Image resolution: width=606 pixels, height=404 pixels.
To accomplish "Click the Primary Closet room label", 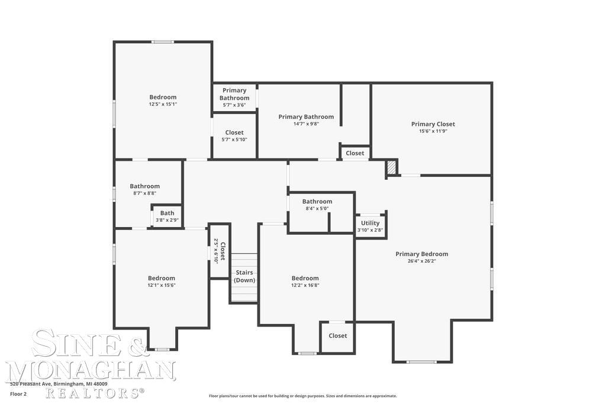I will [433, 124].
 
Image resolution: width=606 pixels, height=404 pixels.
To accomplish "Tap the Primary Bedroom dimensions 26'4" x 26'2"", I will [421, 261].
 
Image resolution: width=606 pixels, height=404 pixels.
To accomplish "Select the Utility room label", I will [370, 223].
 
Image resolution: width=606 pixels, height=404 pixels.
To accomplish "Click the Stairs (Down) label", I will [244, 276].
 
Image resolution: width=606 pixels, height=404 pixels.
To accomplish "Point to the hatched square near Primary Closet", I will [391, 168].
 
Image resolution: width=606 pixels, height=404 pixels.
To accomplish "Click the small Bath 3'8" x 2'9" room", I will [167, 216].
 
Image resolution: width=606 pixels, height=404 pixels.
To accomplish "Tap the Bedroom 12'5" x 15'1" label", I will [163, 101].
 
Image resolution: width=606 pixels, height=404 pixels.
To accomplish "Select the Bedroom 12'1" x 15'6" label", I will [162, 282].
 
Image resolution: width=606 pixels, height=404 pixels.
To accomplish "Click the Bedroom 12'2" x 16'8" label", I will [305, 282].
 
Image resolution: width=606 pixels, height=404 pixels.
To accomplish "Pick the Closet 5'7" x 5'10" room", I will [234, 136].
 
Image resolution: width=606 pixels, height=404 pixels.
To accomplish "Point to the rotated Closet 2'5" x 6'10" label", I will [220, 251].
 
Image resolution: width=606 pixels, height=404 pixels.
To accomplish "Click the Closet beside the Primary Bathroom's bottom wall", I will [355, 153].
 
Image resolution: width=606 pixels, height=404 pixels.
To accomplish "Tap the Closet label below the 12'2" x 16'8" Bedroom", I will [337, 335].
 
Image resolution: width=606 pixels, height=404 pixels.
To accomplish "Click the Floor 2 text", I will [18, 394].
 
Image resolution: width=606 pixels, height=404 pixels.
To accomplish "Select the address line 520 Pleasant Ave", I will [59, 383].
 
